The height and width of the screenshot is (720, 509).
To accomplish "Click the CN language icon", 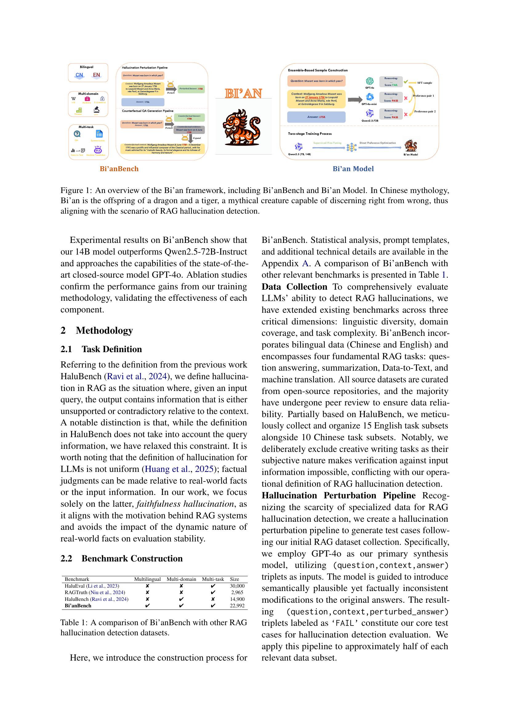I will coord(79,75).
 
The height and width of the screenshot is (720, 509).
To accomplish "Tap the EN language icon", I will coord(97,75).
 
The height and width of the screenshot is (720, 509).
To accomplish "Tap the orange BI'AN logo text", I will coord(243,94).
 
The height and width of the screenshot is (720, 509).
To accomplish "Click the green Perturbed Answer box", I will coord(191,89).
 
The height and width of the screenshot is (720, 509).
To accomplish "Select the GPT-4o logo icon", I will coord(370,81).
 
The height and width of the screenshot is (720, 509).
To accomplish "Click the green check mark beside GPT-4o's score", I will coord(405,82).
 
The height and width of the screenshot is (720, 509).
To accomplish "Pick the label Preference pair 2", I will coord(425,111).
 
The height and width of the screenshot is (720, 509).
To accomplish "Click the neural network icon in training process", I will coord(352,147).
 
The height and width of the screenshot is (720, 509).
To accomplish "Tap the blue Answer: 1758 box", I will coord(316,117).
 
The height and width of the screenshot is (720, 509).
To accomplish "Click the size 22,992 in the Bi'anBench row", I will coord(237,605).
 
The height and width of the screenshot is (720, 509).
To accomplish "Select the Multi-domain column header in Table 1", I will coord(181,579).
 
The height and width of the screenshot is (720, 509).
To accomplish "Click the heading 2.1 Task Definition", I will coord(101,349).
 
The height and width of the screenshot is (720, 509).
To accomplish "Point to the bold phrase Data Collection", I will coord(294,287).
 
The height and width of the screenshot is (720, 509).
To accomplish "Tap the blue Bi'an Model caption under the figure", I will coord(353,169).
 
